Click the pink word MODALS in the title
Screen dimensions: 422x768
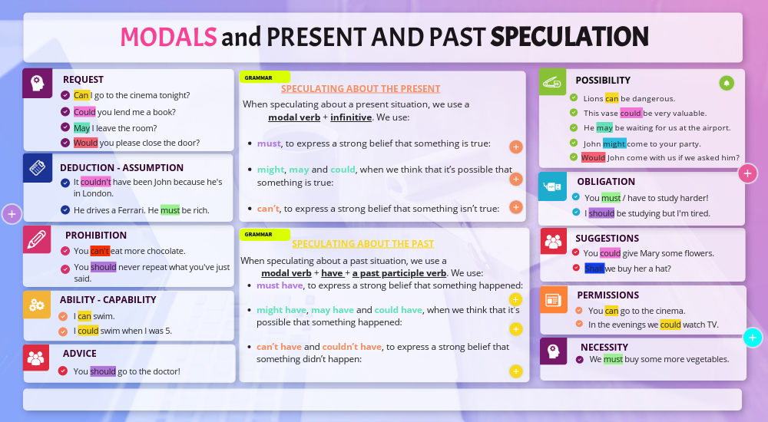(x=167, y=36)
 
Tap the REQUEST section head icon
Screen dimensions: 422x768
(x=37, y=83)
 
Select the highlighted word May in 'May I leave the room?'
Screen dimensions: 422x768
(x=81, y=127)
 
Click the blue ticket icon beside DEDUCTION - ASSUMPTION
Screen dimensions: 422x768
(x=37, y=168)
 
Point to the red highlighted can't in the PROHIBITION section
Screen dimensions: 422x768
(x=100, y=251)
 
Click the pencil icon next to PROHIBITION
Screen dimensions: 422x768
(x=37, y=239)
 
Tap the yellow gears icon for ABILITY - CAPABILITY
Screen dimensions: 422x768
(x=37, y=304)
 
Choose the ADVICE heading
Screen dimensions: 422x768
(x=80, y=354)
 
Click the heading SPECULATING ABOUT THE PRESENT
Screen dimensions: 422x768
(x=360, y=89)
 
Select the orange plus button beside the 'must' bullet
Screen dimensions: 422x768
(x=516, y=147)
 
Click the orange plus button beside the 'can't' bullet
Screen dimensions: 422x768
(x=516, y=207)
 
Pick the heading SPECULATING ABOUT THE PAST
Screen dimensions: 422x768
(x=362, y=244)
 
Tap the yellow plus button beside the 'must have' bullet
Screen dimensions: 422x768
(x=515, y=299)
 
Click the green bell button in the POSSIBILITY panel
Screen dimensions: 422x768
(x=726, y=83)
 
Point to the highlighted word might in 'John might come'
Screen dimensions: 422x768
(x=614, y=143)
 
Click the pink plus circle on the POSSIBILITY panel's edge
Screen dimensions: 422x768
(x=748, y=173)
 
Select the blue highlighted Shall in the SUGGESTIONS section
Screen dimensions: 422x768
(x=594, y=268)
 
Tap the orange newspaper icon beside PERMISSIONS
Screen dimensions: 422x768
(x=554, y=299)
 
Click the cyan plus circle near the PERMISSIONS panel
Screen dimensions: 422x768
(x=753, y=338)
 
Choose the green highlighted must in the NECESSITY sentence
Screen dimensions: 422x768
(x=613, y=359)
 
